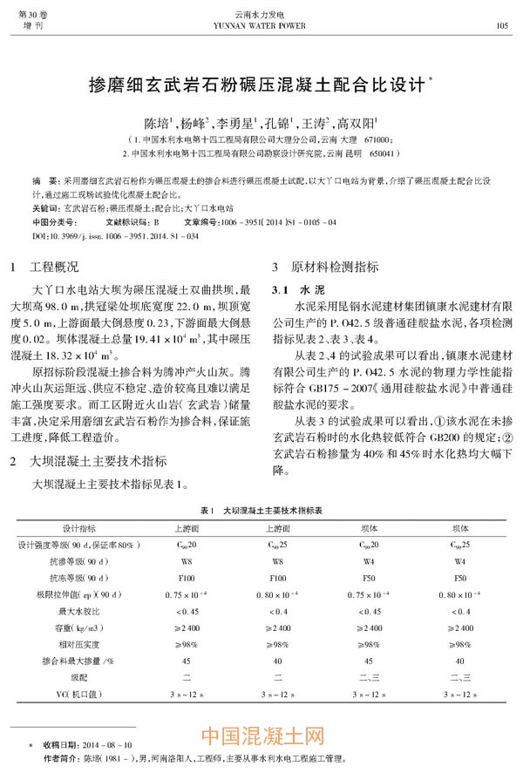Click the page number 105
click(x=501, y=25)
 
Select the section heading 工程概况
click(x=55, y=266)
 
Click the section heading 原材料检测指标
click(x=328, y=266)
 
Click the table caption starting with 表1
click(x=261, y=509)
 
